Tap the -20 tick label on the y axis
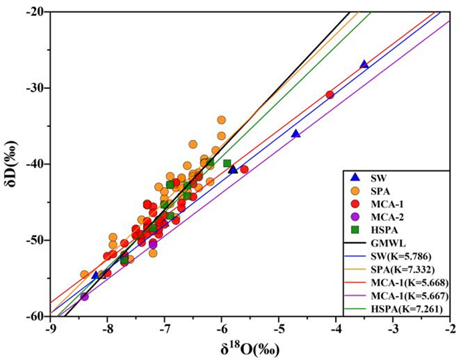(x=34, y=12)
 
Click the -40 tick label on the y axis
(x=34, y=164)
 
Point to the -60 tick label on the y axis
(x=34, y=315)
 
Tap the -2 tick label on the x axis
(x=450, y=328)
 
